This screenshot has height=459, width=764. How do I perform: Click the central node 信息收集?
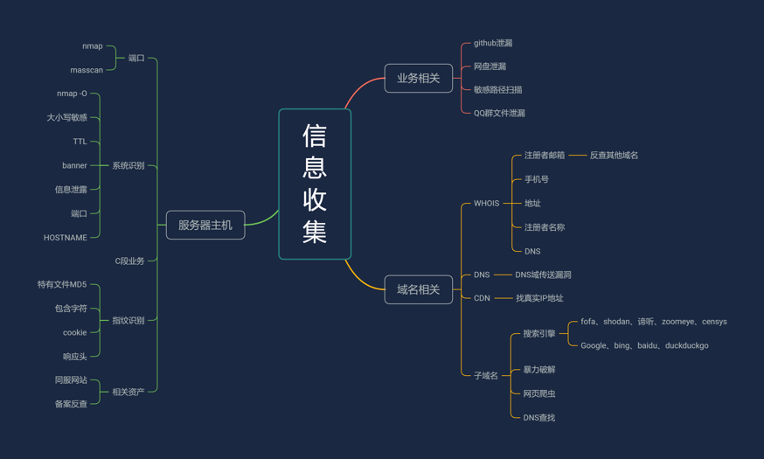tap(315, 184)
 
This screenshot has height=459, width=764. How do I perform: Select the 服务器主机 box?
tap(205, 225)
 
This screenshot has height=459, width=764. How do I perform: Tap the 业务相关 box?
tap(419, 78)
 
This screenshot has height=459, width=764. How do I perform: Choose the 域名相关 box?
tap(419, 289)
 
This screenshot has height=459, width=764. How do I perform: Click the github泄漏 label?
tap(493, 43)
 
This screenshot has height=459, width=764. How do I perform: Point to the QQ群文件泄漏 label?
tap(499, 113)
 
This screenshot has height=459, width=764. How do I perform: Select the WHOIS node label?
tap(486, 203)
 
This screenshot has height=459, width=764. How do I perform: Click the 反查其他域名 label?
tap(614, 156)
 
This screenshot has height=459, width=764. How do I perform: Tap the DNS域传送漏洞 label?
tap(543, 275)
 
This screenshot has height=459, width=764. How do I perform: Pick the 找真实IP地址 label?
tap(539, 298)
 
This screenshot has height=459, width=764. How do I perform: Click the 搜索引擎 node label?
tap(539, 333)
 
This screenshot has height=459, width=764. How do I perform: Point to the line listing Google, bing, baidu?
tap(644, 345)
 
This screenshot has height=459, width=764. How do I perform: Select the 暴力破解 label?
tap(539, 370)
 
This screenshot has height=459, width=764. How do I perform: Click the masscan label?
tap(87, 70)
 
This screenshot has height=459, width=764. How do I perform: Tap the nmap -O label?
tap(72, 94)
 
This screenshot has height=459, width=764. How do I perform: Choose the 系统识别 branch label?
tap(128, 165)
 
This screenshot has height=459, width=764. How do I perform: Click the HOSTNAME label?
tap(66, 238)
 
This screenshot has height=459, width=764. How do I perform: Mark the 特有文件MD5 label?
tap(62, 284)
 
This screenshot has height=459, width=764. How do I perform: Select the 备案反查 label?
tap(71, 404)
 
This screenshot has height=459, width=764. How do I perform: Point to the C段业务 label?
tap(129, 261)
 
